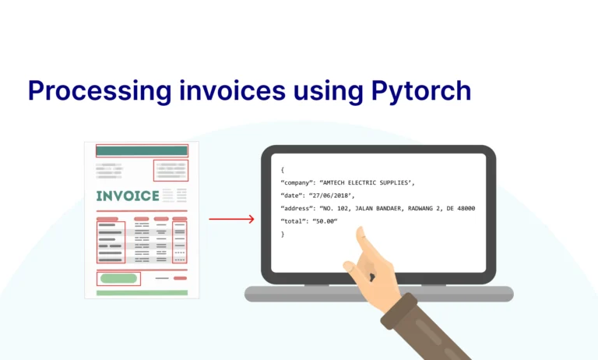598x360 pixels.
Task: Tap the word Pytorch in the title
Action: click(421, 91)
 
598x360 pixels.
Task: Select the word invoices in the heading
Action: click(233, 90)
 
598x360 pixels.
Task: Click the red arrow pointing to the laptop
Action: click(231, 219)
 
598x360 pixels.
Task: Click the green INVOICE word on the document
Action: click(128, 196)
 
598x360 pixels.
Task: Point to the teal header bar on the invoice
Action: click(142, 151)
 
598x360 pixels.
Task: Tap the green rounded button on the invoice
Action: click(118, 279)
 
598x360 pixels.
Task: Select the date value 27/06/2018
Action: click(330, 196)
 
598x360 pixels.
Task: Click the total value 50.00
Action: click(325, 221)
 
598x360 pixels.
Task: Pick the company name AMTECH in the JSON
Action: click(334, 183)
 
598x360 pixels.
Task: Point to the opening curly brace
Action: click(283, 170)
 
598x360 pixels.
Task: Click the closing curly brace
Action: click(283, 234)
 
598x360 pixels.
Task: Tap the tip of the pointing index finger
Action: click(360, 228)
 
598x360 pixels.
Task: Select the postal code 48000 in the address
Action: click(466, 208)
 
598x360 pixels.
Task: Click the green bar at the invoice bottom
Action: click(142, 293)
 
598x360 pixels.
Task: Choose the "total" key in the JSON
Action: click(294, 221)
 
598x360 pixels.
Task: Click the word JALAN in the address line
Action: click(364, 208)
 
